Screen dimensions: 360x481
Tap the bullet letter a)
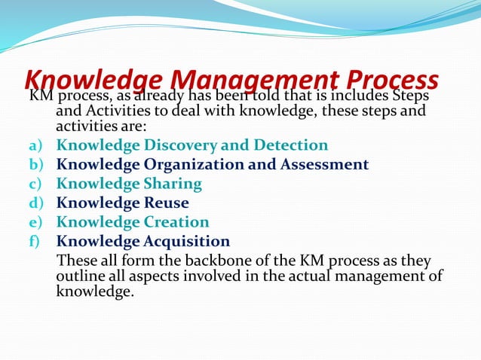pos(36,145)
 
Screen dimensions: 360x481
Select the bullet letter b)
pos(36,164)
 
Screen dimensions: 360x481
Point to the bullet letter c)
pos(36,184)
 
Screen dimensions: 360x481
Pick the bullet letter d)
pos(36,203)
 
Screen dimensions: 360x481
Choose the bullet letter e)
pos(36,223)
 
